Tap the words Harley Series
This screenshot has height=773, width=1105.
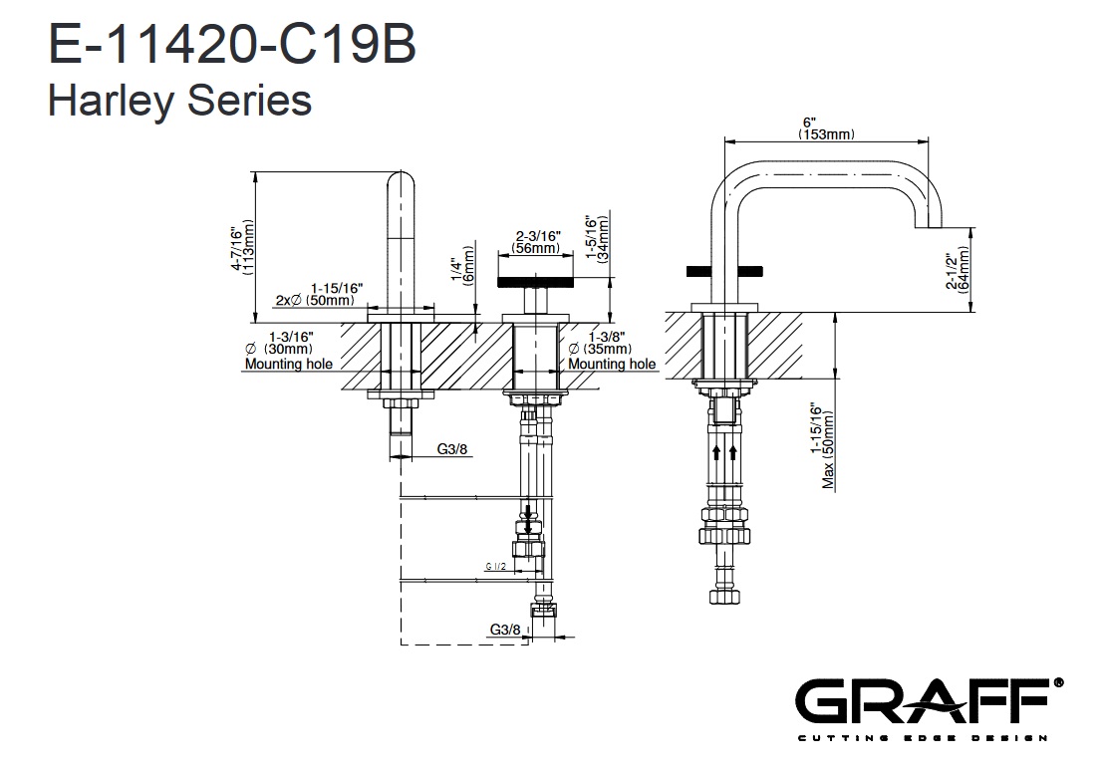pos(179,101)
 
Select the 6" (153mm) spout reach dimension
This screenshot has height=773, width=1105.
pos(826,129)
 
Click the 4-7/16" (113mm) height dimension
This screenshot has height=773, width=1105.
pos(242,248)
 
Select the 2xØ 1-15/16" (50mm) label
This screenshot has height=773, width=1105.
pos(316,294)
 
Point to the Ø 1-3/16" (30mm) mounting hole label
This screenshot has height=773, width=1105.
pos(288,350)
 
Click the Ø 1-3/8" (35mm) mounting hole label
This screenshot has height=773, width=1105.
pos(612,350)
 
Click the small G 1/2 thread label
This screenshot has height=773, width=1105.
pos(496,567)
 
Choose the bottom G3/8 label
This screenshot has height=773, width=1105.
pos(505,630)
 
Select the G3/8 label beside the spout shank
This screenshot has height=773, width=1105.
pos(452,449)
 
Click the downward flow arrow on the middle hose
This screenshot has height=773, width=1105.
pos(527,515)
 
